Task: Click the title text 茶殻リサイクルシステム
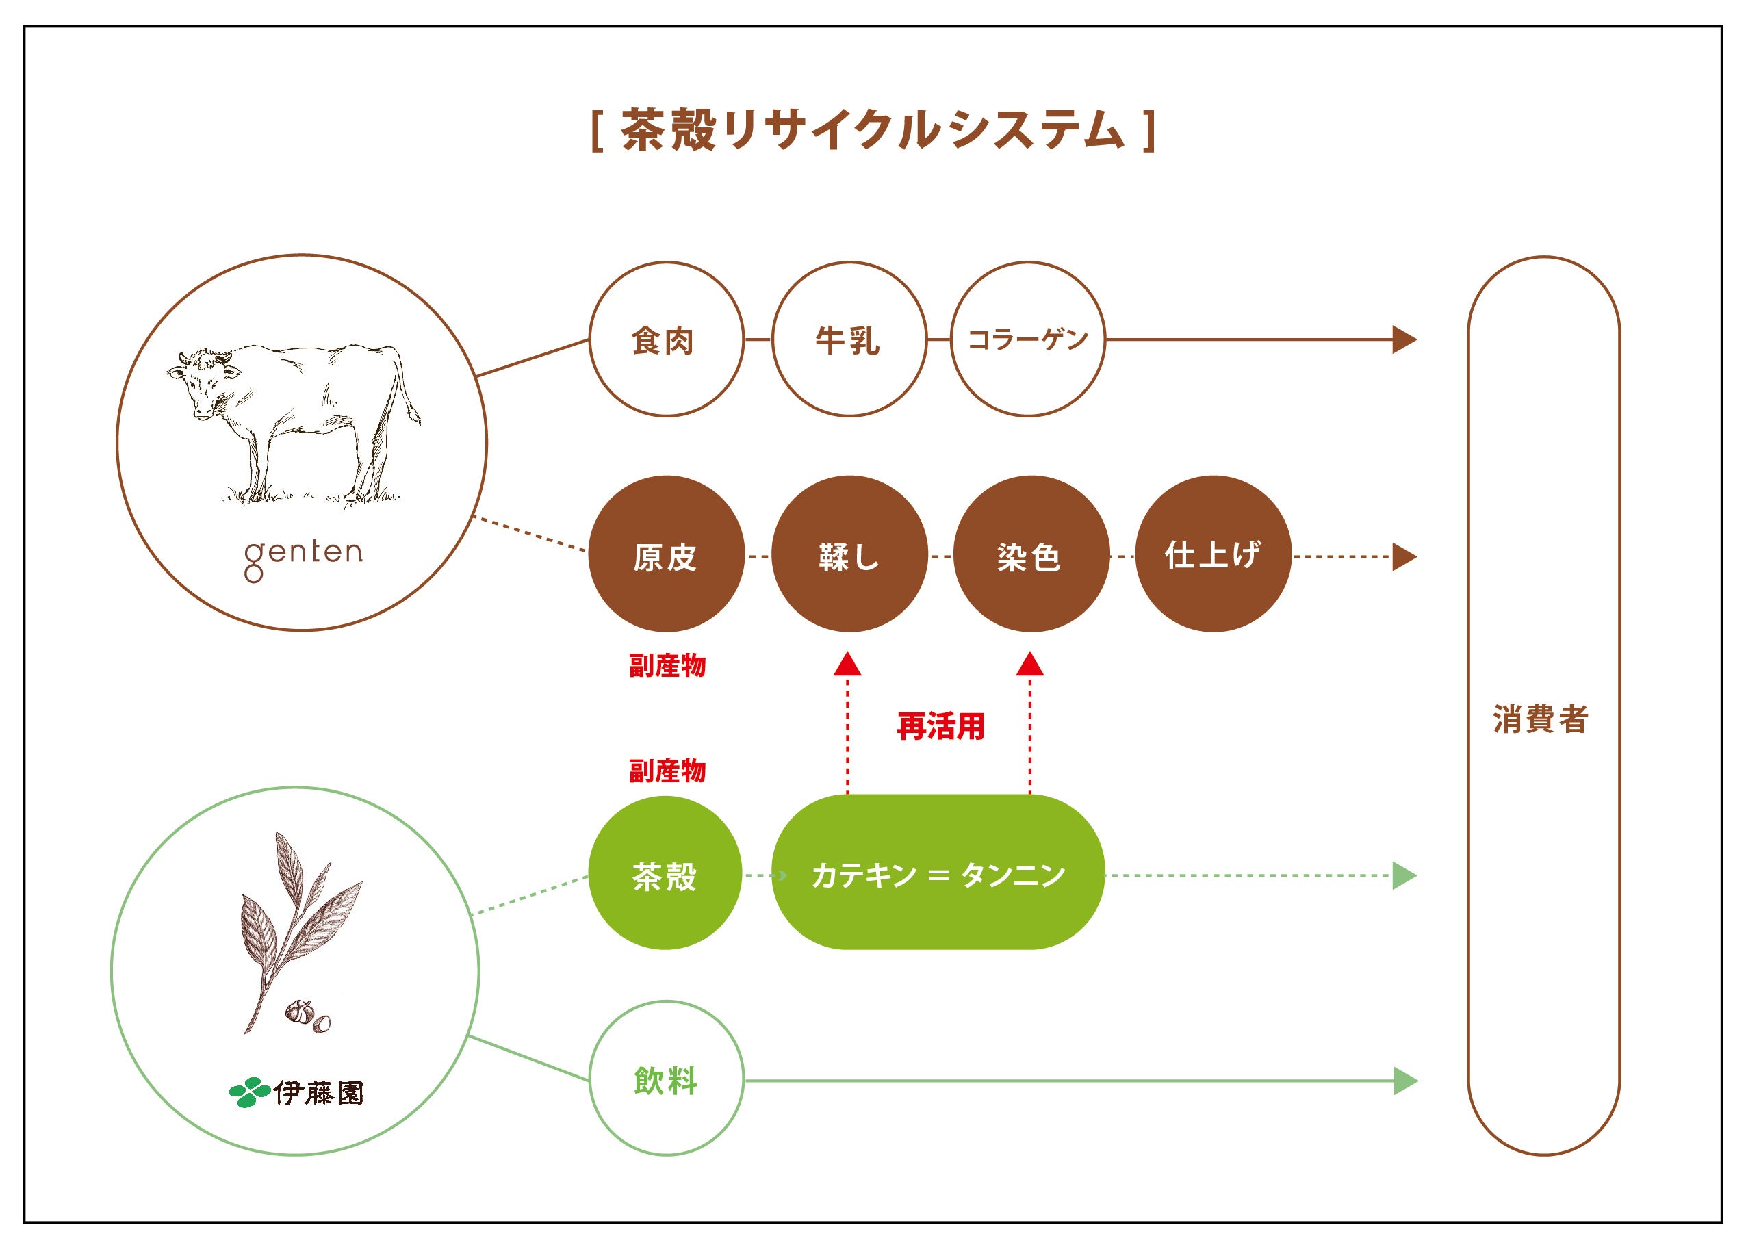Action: click(x=873, y=130)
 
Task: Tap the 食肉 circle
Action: click(x=666, y=339)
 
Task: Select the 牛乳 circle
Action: click(x=849, y=339)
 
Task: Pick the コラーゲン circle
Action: click(x=1029, y=339)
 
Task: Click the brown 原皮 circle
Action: click(x=666, y=554)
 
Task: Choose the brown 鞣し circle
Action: click(x=849, y=554)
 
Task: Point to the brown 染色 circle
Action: click(x=1031, y=554)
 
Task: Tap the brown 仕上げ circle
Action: click(x=1213, y=554)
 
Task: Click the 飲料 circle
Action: click(x=666, y=1080)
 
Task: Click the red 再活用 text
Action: click(x=940, y=725)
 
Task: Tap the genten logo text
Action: click(x=303, y=556)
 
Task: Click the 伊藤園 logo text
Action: click(x=318, y=1092)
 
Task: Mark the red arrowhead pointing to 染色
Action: click(x=1030, y=664)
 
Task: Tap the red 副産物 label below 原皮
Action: click(x=667, y=665)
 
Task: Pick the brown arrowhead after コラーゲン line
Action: click(x=1404, y=339)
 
